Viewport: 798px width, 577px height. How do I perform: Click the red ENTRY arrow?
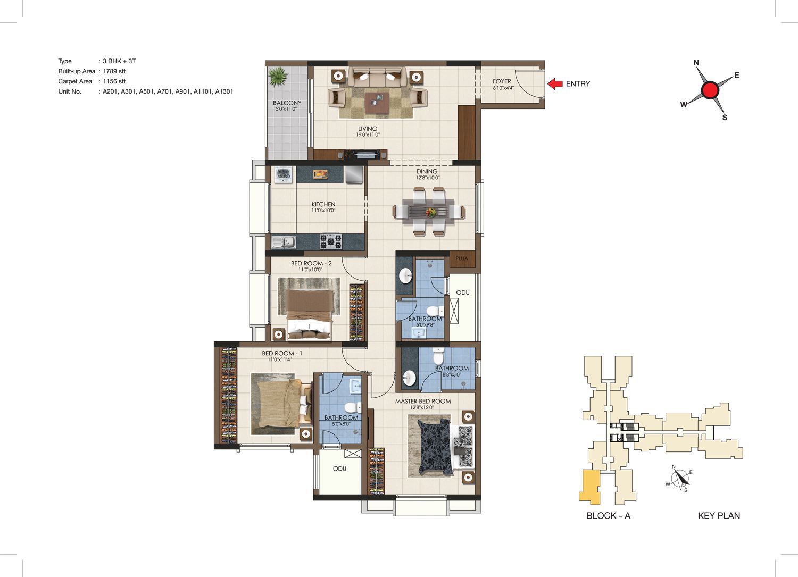(x=555, y=83)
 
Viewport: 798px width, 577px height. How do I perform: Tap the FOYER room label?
(x=502, y=81)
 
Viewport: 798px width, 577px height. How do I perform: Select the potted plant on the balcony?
(x=278, y=77)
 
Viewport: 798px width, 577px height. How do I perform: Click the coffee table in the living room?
(x=377, y=103)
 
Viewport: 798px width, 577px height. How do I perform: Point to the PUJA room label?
(x=461, y=258)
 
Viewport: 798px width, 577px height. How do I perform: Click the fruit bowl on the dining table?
(x=431, y=213)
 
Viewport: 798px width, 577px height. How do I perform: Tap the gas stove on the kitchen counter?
(x=330, y=241)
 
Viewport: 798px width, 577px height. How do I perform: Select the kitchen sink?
(x=284, y=242)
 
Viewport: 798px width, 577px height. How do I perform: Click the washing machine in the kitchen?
(x=283, y=175)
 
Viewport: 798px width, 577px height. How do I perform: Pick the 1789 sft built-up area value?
(x=114, y=71)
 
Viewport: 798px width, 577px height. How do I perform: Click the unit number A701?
(x=164, y=91)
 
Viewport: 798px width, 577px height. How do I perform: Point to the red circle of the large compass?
(x=710, y=90)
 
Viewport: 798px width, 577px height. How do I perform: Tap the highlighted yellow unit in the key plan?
(x=589, y=487)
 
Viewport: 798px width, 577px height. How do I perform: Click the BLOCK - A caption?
(x=609, y=515)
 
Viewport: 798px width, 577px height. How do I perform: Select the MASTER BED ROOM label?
(x=423, y=401)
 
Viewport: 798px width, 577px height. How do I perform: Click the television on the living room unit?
(x=364, y=155)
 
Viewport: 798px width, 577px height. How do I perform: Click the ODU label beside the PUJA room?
(x=463, y=292)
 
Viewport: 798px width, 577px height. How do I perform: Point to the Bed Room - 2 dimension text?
(x=310, y=270)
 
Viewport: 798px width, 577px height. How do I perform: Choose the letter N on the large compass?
(x=696, y=63)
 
